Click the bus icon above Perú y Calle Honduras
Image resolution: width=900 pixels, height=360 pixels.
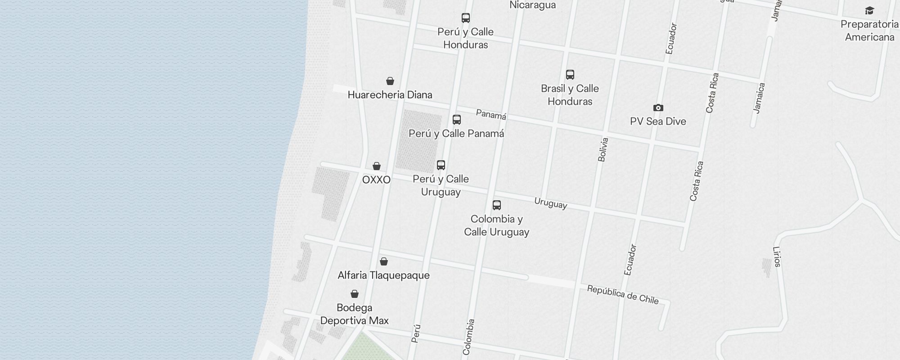click(466, 18)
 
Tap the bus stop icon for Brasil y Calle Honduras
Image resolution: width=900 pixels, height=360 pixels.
click(570, 74)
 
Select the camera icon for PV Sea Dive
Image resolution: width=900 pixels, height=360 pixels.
click(658, 108)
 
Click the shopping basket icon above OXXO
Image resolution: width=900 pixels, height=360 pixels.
click(377, 166)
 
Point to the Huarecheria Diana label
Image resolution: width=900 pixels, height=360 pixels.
click(390, 94)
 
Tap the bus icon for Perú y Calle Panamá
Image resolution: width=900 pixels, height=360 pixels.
click(457, 119)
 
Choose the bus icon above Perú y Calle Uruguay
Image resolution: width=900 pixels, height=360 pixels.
click(441, 165)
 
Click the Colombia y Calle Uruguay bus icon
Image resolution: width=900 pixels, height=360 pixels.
click(497, 205)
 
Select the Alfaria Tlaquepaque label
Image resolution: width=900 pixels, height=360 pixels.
click(383, 275)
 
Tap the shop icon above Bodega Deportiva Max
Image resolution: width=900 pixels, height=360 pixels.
click(355, 294)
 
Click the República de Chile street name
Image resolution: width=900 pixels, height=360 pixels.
click(623, 294)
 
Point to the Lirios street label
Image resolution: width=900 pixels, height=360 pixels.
click(777, 257)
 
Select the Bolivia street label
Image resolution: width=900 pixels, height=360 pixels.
click(603, 149)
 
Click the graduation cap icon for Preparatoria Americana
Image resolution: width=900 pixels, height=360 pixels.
click(869, 10)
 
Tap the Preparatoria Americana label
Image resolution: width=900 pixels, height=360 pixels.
click(869, 31)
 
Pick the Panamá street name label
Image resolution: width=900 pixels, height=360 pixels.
click(491, 115)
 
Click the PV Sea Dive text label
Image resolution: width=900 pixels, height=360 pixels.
click(658, 121)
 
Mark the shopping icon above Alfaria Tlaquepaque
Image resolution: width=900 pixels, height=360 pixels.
click(384, 261)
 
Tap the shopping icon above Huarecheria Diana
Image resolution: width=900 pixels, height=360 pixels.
click(390, 81)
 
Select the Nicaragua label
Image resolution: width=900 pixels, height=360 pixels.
click(532, 5)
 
